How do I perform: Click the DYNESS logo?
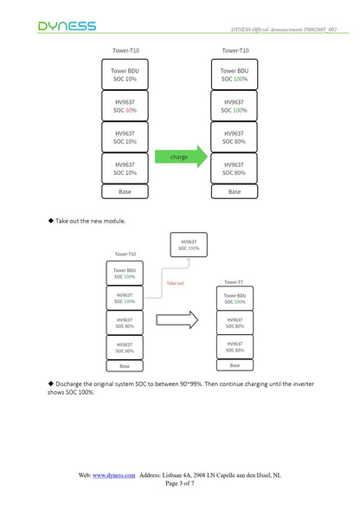[x=67, y=26]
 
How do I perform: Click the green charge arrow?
[x=181, y=157]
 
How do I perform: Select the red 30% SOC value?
[x=131, y=111]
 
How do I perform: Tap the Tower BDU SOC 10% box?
[x=125, y=74]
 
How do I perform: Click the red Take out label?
[x=176, y=283]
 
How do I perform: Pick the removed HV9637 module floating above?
[x=189, y=245]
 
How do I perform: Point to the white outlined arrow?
[x=177, y=319]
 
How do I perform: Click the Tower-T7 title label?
[x=234, y=282]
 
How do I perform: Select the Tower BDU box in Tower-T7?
[x=235, y=299]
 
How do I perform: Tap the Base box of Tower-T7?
[x=235, y=365]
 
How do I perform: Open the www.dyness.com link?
[x=113, y=475]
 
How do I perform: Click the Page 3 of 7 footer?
[x=180, y=483]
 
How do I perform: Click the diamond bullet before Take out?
[x=51, y=221]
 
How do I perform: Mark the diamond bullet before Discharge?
[x=51, y=383]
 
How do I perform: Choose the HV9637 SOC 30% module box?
[x=125, y=106]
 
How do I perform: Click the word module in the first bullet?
[x=114, y=221]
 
